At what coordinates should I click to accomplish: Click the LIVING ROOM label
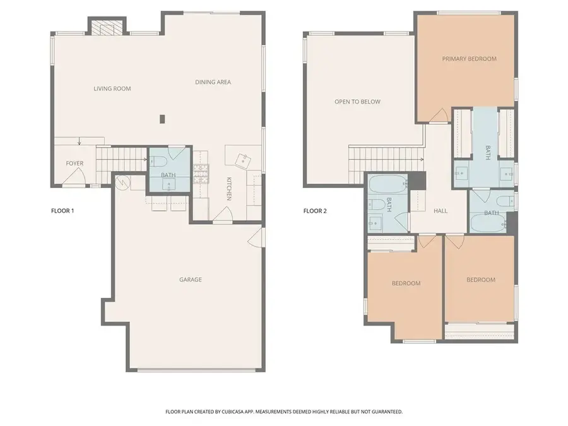point(112,88)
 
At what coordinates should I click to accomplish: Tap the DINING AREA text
point(213,82)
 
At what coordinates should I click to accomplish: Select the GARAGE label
point(191,280)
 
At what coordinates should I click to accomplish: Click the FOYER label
point(74,163)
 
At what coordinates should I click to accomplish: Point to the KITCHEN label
point(229,189)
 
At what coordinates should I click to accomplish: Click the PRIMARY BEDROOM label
point(469,59)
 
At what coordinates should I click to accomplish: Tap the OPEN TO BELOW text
point(358,102)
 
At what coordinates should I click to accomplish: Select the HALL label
point(441,211)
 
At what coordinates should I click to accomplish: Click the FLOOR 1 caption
point(62,211)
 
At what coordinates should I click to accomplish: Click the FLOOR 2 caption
point(315,211)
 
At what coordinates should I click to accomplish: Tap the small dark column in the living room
point(163,119)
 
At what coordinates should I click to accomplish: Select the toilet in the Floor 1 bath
point(158,161)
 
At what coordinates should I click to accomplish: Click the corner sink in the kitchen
point(243,160)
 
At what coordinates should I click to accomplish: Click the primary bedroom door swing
point(440,115)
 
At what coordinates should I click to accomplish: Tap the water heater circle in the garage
point(122,182)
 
